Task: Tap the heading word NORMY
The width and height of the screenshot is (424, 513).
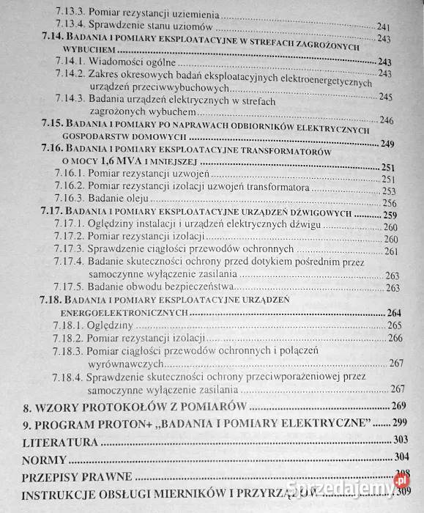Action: (44, 460)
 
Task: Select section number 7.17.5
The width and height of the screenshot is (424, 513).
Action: (72, 287)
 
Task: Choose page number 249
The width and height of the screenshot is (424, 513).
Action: (409, 144)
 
